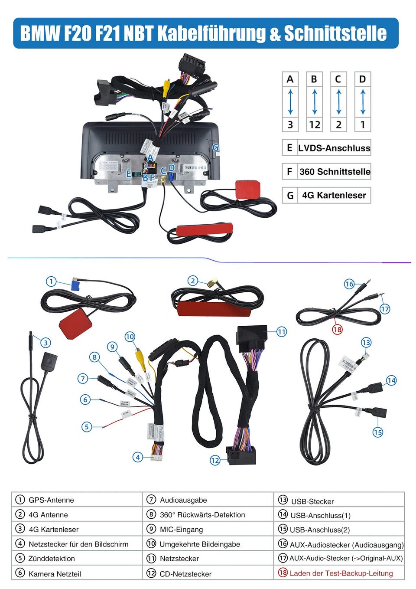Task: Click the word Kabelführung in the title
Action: [213, 33]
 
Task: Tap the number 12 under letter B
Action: [314, 125]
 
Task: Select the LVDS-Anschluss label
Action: [334, 148]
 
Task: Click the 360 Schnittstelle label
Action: [335, 171]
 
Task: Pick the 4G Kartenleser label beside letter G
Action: [334, 195]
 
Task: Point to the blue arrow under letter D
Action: [363, 102]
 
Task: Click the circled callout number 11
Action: [282, 332]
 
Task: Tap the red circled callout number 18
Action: [337, 329]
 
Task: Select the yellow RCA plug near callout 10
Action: [139, 356]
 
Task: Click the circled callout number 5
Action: [87, 427]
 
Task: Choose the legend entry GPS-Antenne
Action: [51, 500]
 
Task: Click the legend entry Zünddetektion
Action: [52, 559]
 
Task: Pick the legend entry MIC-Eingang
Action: [181, 530]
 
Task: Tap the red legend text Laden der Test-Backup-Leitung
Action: [341, 573]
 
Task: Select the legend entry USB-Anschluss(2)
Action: [320, 530]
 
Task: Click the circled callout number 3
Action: [45, 343]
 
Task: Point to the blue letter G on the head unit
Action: [215, 148]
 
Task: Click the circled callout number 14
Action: [391, 380]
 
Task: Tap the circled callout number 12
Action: [215, 460]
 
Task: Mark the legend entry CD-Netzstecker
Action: [185, 574]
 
